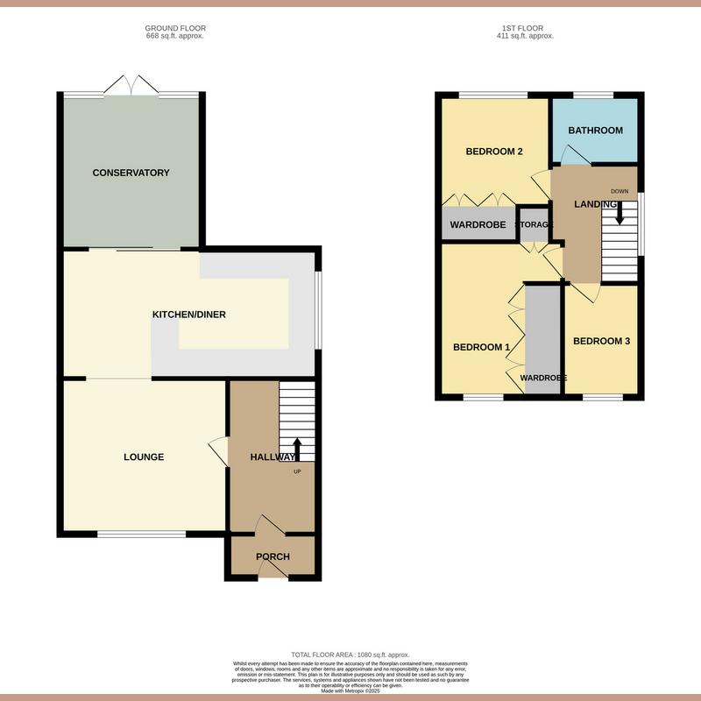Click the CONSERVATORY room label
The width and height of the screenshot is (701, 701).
[131, 173]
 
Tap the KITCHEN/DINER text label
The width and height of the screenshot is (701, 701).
[189, 315]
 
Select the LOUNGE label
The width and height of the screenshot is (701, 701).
[144, 457]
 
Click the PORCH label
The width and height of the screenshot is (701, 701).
[273, 557]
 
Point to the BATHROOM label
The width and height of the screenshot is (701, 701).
[595, 131]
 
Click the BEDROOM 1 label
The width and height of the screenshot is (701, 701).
[481, 348]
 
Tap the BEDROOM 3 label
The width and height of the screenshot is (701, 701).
[601, 341]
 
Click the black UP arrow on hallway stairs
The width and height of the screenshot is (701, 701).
[296, 449]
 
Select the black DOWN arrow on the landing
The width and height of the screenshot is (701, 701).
[620, 212]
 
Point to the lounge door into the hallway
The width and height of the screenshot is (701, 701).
[217, 452]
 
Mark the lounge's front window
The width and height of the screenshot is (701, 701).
[141, 534]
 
